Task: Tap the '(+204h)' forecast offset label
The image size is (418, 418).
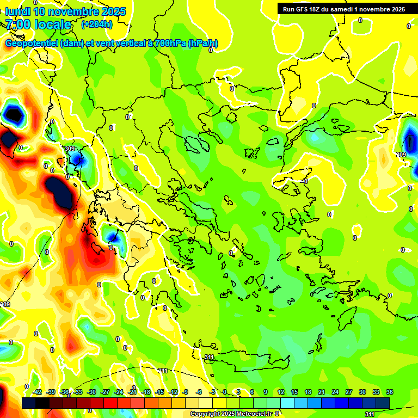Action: point(97,24)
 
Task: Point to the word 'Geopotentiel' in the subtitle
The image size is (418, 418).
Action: point(32,44)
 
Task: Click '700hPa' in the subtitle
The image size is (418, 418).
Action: point(169,44)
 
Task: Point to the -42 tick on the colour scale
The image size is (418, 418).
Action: point(37,392)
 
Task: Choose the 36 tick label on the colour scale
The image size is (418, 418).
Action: point(390,392)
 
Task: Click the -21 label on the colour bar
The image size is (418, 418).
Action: point(132,392)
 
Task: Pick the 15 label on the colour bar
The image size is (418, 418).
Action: point(294,392)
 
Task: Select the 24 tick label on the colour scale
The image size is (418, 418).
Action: point(335,392)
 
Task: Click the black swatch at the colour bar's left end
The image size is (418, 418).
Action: point(29,403)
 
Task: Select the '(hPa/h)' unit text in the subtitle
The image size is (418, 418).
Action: point(203,44)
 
